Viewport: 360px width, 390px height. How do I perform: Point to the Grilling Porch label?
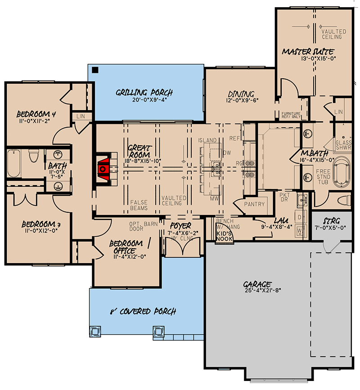pos(144,93)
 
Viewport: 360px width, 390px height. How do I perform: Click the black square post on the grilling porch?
pos(95,70)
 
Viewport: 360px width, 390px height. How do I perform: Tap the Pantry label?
pos(254,204)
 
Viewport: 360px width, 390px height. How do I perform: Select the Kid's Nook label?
pos(224,235)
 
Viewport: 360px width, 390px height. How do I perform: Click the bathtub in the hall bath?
pos(13,164)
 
